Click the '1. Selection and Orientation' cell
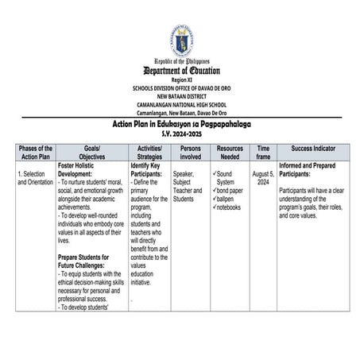(x=35, y=178)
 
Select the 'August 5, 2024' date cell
(x=263, y=177)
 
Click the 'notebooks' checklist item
(x=230, y=207)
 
